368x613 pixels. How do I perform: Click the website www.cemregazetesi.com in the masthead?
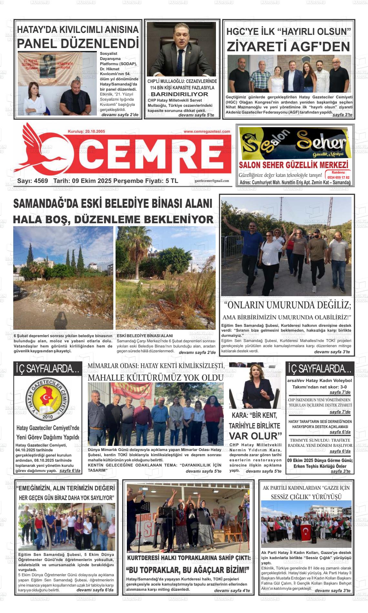pos(207,132)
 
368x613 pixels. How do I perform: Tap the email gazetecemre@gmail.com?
pos(212,181)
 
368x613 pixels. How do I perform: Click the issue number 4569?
pos(41,181)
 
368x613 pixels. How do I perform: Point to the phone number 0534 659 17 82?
pos(338,177)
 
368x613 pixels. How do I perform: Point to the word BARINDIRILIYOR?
pos(179,94)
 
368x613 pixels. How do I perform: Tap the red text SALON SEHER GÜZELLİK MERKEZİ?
pos(293,165)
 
